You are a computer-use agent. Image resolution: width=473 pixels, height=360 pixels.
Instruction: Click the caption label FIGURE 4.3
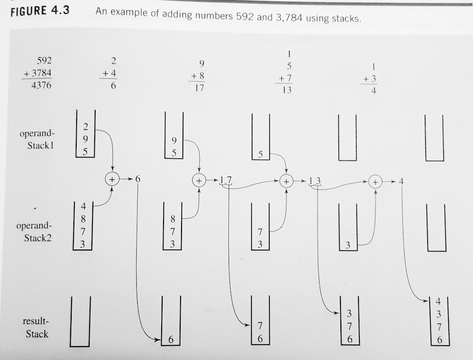(x=40, y=12)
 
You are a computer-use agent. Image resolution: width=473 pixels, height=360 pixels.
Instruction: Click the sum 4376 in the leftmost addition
(x=41, y=85)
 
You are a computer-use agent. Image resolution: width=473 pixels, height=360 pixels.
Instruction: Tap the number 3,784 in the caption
(x=289, y=18)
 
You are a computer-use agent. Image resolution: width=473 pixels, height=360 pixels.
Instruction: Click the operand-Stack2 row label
(x=34, y=232)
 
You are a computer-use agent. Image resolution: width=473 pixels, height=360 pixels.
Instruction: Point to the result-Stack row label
(x=36, y=327)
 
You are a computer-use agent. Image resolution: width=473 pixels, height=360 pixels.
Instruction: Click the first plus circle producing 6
(x=112, y=180)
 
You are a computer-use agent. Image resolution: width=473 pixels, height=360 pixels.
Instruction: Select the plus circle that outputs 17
(x=199, y=180)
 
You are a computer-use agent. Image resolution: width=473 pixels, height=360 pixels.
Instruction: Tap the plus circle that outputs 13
(x=286, y=181)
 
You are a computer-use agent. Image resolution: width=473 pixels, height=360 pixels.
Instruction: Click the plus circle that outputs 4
(x=375, y=182)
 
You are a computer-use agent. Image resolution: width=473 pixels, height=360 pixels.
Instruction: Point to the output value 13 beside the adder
(x=315, y=181)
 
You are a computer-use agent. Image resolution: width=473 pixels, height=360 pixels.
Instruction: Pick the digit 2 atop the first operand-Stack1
(x=85, y=127)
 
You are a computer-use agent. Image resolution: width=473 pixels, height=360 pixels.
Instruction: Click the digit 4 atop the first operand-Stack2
(x=84, y=206)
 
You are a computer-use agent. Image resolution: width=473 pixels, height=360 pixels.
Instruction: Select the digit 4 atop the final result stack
(x=438, y=301)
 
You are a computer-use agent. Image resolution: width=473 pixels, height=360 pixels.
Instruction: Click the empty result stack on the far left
(x=80, y=346)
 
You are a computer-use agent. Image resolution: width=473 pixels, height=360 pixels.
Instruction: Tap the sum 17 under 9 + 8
(x=200, y=88)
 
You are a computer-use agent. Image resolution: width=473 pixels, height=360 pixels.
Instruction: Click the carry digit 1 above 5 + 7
(x=289, y=54)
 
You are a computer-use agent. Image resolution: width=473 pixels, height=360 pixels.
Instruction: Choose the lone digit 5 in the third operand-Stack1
(x=261, y=154)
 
